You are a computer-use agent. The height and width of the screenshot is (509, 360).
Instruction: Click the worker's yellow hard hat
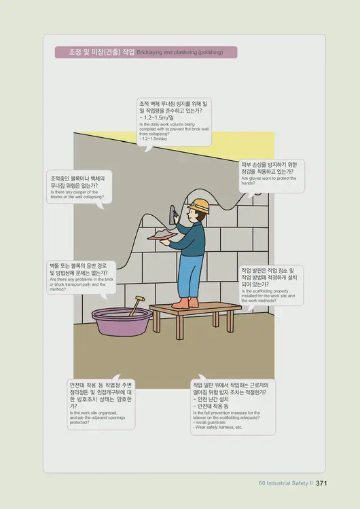tap(199, 204)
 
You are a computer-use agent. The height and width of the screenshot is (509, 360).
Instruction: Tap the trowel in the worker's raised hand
tap(175, 212)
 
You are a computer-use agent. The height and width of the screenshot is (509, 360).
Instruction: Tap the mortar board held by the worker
tap(164, 235)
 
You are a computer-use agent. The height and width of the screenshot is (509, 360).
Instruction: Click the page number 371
tap(322, 483)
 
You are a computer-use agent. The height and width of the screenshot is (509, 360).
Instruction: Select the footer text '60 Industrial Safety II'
tap(285, 483)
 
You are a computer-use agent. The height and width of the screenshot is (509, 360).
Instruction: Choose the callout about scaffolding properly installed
tap(270, 284)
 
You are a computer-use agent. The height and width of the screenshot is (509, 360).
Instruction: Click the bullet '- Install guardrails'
tap(212, 422)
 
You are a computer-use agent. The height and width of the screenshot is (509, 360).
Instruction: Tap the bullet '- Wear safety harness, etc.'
tap(218, 428)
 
